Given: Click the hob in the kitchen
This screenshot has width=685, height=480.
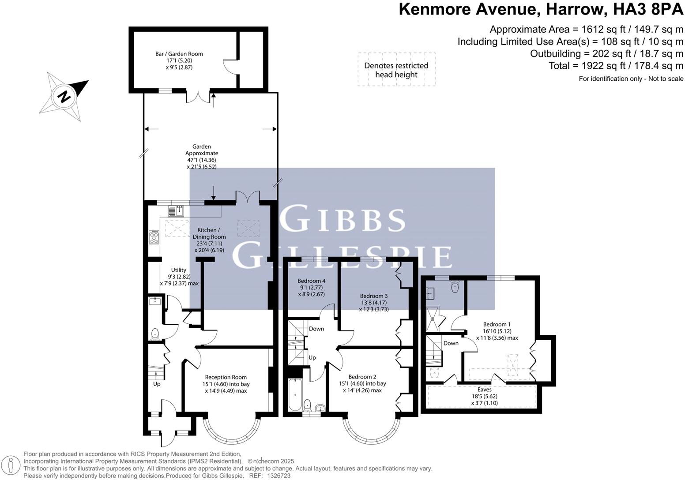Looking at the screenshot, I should point(154,238).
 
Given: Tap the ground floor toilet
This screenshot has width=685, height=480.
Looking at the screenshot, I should point(155,334).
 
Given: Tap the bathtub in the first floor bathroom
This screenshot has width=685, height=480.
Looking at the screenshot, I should point(294,394).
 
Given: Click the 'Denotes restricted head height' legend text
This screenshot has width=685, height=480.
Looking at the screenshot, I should point(396,70).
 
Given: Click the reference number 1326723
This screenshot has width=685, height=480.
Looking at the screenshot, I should point(276,476).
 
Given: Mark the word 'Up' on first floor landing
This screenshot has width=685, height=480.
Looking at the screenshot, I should point(312,358).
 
